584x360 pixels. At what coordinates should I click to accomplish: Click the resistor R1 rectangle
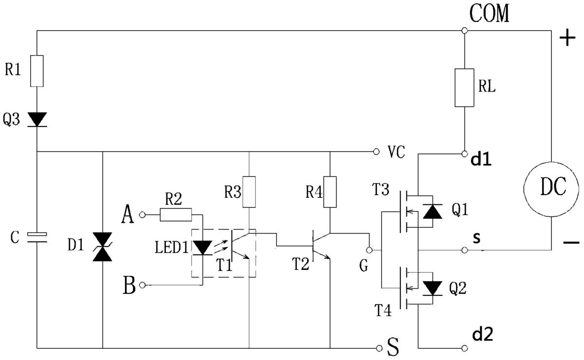37,71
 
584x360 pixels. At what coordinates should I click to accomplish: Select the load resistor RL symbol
464,88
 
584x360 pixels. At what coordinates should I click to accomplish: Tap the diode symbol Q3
37,120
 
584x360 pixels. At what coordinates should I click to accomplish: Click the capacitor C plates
37,237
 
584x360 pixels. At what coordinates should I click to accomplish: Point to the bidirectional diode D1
103,247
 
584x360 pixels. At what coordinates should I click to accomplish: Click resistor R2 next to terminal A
176,215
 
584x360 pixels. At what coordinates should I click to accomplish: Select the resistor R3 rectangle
249,192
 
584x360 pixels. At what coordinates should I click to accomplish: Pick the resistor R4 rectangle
330,192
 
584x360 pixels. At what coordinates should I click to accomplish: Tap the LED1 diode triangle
202,248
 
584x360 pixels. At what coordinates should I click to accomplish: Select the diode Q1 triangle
432,212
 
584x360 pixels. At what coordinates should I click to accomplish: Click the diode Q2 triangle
432,288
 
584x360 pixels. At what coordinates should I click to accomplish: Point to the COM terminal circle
464,31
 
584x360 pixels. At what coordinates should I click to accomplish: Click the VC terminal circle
376,151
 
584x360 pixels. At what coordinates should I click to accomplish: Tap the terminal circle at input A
142,215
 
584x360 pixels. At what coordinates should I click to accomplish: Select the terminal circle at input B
142,285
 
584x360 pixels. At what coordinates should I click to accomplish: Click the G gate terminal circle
369,250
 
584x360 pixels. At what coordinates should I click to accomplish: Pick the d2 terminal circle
464,348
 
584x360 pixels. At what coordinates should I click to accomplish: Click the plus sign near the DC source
567,38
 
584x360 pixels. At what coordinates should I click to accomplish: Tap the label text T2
300,264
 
